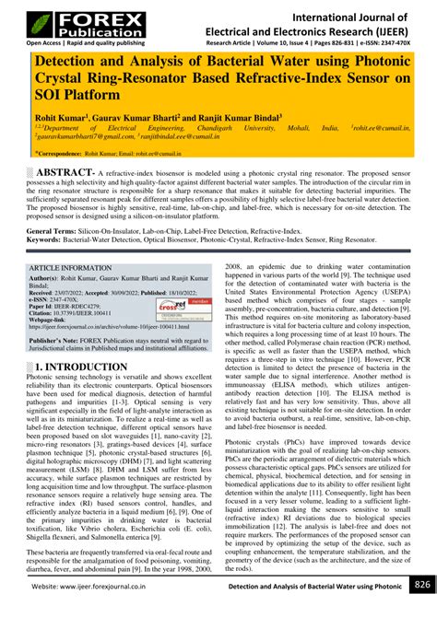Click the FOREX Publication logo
pyautogui.click(x=69, y=19)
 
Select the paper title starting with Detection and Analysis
pyautogui.click(x=218, y=78)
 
